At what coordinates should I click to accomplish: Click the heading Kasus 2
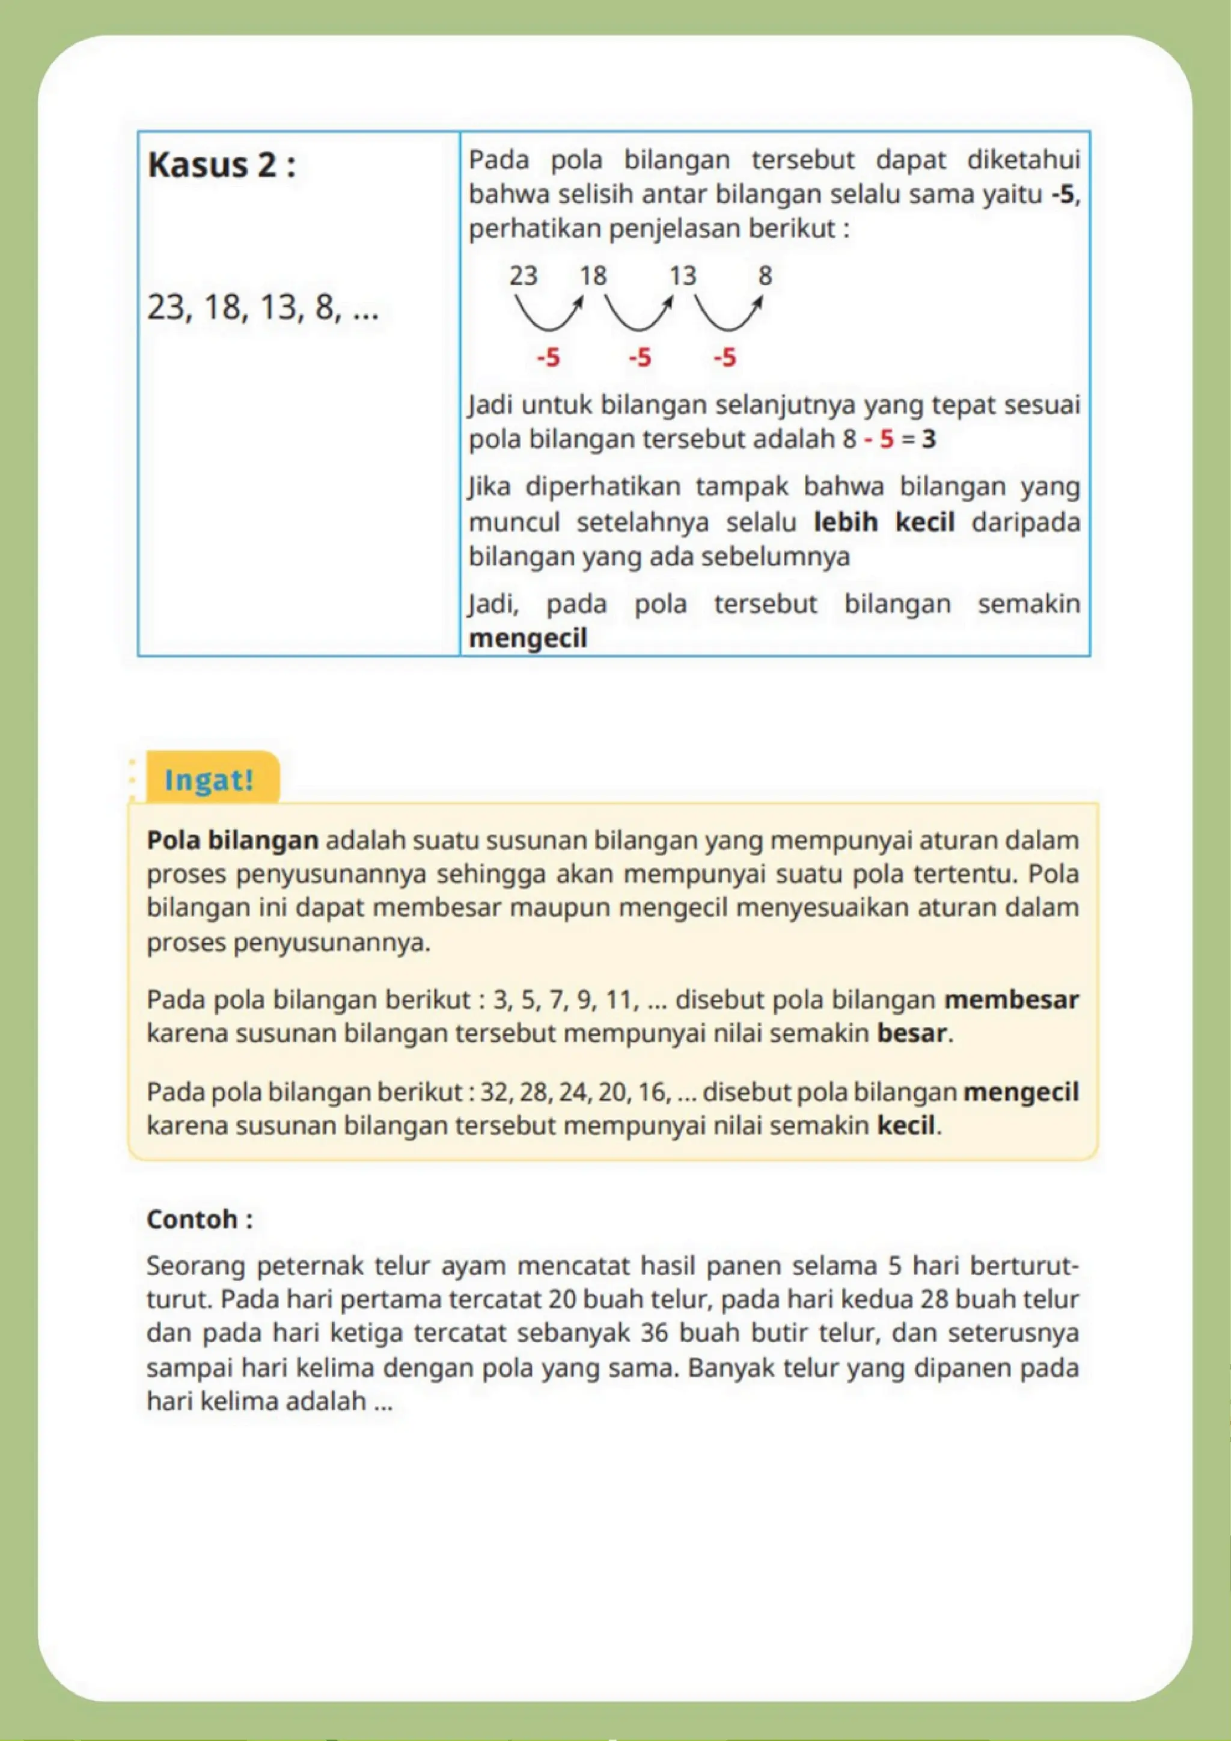[221, 165]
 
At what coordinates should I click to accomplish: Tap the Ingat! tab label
[209, 780]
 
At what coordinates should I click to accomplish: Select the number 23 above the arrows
[523, 275]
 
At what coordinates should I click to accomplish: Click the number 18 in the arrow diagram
[593, 275]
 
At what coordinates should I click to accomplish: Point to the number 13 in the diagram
[682, 275]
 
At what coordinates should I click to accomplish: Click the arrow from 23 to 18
[549, 314]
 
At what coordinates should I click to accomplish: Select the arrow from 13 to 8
[728, 314]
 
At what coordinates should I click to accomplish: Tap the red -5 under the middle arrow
[639, 357]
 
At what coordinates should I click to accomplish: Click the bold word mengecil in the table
[528, 638]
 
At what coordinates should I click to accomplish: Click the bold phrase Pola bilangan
[233, 840]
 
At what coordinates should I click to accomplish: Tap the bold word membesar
[1011, 999]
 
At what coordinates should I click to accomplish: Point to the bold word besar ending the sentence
[912, 1033]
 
